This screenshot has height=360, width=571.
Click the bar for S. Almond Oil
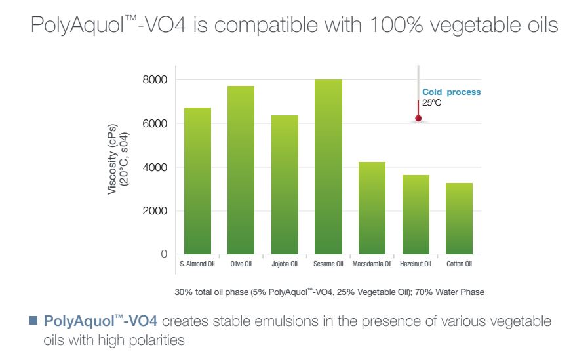(x=197, y=181)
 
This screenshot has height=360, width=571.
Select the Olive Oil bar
(x=241, y=170)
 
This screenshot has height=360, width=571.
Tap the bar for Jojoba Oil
(x=285, y=185)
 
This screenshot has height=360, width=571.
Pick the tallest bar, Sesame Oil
(x=328, y=167)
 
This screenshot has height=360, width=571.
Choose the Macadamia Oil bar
(x=372, y=208)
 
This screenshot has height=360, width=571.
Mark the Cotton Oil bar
(x=459, y=218)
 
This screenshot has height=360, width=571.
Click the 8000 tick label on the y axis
(x=155, y=80)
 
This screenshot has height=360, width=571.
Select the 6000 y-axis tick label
(x=155, y=123)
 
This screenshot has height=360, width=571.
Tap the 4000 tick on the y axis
(x=155, y=167)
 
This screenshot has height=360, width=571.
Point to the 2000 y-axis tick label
(x=155, y=211)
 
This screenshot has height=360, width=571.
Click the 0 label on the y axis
(x=164, y=254)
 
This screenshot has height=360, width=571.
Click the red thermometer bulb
(x=418, y=119)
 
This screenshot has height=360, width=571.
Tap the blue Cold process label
(x=451, y=92)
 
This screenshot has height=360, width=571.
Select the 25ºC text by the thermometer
(x=432, y=102)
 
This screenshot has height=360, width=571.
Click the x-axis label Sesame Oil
(x=328, y=265)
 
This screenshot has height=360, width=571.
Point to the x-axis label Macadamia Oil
(x=372, y=265)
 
